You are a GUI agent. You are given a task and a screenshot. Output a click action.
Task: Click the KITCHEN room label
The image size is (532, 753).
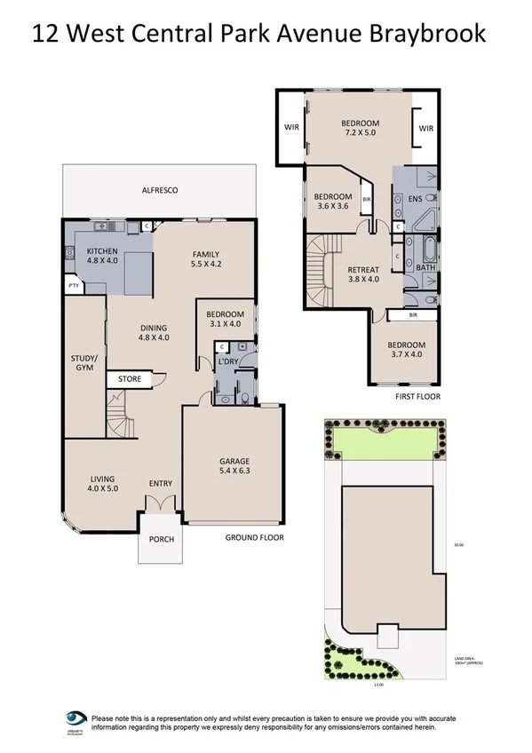point(102,256)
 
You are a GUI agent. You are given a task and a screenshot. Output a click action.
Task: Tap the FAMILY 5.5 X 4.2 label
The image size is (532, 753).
point(204,258)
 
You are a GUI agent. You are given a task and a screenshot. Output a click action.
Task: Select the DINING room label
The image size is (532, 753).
point(154,332)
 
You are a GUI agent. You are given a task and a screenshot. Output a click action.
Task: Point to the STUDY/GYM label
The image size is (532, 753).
point(83,364)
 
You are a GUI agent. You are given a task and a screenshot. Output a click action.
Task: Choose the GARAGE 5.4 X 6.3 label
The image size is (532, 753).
point(234,466)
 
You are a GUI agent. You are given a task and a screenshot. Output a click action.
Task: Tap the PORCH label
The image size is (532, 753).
point(161,540)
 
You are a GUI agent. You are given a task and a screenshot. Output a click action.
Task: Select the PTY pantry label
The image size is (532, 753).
point(72,285)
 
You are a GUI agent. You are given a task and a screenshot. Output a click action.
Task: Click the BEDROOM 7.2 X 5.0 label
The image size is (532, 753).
point(361,127)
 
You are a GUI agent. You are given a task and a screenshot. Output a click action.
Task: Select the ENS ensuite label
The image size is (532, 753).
point(415,199)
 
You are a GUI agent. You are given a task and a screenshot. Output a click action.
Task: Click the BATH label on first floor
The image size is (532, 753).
point(425,266)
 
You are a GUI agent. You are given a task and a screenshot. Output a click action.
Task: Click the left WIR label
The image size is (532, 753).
point(290,128)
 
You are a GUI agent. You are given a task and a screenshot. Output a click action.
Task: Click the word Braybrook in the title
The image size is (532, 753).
point(431,34)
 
